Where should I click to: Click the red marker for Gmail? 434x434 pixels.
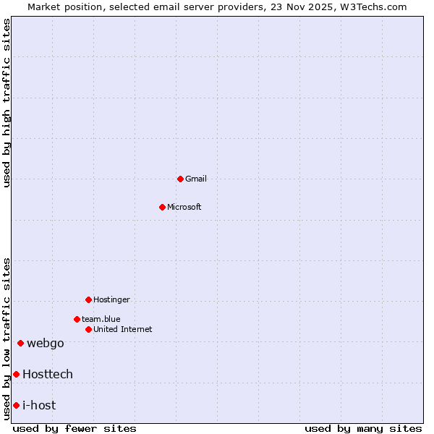[180, 179]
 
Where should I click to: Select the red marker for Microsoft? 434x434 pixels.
[162, 207]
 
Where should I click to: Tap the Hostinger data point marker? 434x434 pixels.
[88, 299]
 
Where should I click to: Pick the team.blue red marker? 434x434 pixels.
[77, 319]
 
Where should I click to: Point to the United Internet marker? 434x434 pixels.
[88, 329]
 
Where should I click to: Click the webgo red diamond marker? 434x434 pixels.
[20, 343]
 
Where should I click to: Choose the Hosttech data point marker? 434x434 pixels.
[16, 374]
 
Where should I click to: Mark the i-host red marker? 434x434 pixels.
[16, 405]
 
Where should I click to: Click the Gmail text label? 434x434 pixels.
[196, 179]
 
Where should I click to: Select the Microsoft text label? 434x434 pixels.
[184, 207]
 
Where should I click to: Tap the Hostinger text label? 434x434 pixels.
[112, 299]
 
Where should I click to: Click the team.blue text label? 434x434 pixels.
[101, 319]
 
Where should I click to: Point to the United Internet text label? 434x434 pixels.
[123, 329]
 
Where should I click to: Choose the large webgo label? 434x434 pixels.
[46, 343]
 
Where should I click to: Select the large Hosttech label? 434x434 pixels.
[48, 374]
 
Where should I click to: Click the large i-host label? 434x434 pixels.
[39, 405]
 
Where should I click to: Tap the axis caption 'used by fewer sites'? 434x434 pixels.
[75, 428]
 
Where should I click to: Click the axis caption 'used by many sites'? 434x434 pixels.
[363, 428]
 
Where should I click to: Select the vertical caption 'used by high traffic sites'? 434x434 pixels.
[7, 103]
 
